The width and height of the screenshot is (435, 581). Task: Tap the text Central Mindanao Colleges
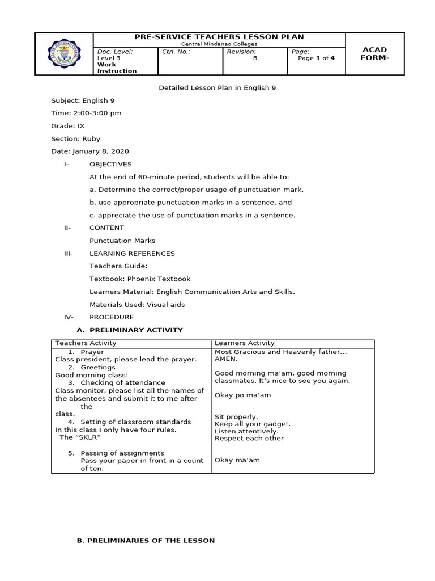[x=219, y=44]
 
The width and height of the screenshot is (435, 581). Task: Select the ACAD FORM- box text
[x=374, y=54]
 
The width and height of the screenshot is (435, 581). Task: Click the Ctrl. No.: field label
[x=176, y=52]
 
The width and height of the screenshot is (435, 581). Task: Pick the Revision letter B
[x=255, y=58]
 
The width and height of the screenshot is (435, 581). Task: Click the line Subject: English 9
[x=83, y=100]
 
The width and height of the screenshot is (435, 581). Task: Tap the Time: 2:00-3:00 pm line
[x=86, y=113]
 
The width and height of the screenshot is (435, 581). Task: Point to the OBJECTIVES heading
[x=110, y=164]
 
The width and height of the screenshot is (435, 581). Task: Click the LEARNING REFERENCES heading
[x=132, y=254]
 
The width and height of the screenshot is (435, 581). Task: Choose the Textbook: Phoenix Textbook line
[x=140, y=279]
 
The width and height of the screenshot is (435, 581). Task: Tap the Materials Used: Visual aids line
[x=137, y=305]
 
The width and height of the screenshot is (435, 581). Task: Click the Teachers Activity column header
[x=86, y=343]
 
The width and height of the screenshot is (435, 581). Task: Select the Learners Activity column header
[x=245, y=343]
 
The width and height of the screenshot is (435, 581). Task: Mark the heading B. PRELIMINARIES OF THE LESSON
[x=146, y=541]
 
